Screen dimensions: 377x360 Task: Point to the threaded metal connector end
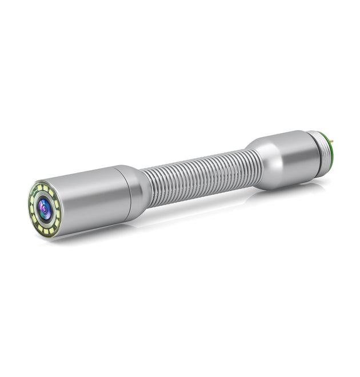point(321,153)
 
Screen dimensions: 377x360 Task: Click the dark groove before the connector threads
point(310,154)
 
